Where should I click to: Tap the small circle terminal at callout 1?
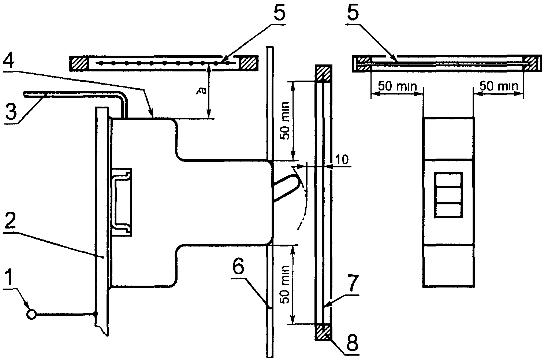point(32,314)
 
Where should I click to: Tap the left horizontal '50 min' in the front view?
point(397,86)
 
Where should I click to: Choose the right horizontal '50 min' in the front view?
point(499,86)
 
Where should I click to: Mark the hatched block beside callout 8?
point(323,332)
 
